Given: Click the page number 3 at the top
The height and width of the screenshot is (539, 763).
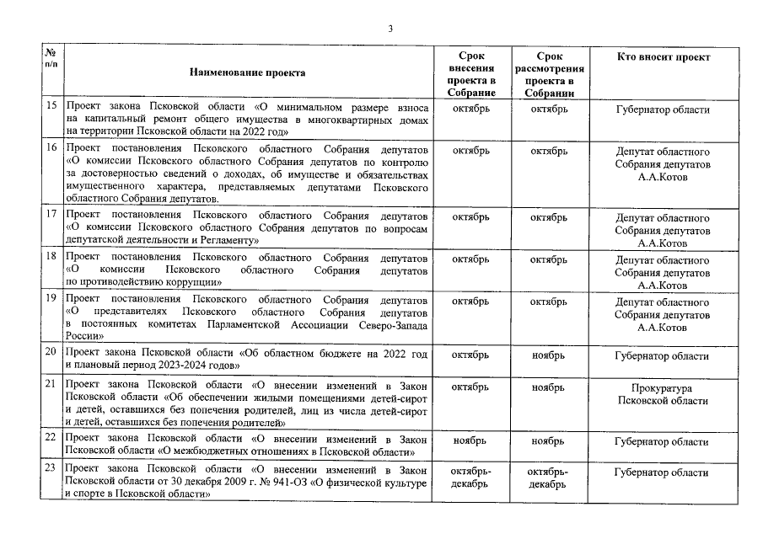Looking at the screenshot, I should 390,28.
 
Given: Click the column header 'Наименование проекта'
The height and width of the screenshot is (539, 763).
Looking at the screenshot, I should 247,72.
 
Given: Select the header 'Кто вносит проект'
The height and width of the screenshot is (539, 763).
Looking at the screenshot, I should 663,56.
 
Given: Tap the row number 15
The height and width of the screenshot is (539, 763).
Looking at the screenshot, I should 51,109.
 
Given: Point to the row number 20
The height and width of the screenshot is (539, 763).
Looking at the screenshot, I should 51,355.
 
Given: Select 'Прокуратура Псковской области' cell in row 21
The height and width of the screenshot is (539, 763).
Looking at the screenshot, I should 662,394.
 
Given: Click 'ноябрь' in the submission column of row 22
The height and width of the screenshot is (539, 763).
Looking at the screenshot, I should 470,441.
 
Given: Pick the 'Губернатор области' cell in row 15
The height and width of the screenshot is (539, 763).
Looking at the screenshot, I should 662,109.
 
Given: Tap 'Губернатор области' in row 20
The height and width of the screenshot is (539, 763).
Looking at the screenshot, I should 662,356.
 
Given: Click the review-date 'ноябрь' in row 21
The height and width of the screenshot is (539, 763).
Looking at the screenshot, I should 548,387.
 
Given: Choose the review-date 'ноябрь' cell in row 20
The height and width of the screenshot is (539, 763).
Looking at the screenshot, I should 548,356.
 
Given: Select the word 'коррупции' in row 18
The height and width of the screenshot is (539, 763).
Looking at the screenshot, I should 193,282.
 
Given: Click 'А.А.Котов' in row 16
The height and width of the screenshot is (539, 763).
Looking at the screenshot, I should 662,178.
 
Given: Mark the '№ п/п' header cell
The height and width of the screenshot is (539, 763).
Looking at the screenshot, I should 51,59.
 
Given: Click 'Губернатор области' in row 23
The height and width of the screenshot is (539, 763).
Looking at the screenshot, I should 662,472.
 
